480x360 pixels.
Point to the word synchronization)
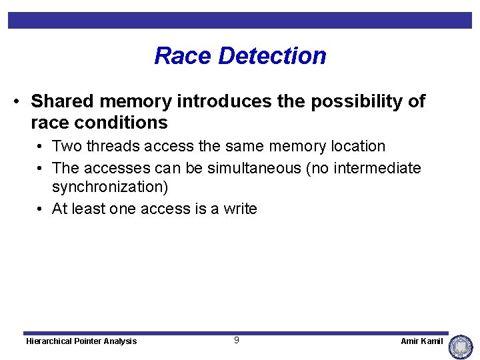(110, 187)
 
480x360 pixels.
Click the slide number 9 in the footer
(236, 341)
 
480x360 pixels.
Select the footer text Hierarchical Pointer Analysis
(81, 341)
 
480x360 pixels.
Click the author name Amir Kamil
(421, 341)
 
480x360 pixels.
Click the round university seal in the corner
(461, 347)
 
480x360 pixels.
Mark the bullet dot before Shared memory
(17, 102)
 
